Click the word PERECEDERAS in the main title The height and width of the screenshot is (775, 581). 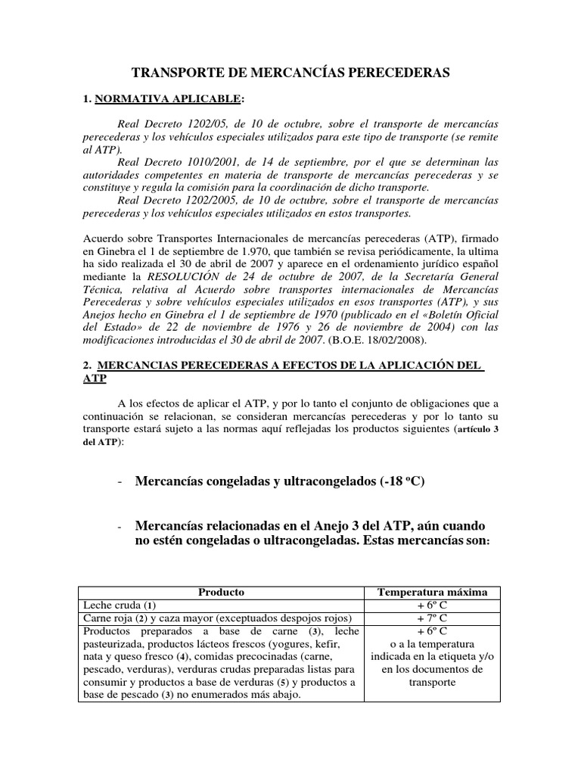[400, 73]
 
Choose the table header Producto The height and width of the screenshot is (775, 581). [221, 592]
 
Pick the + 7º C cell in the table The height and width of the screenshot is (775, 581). [430, 618]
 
